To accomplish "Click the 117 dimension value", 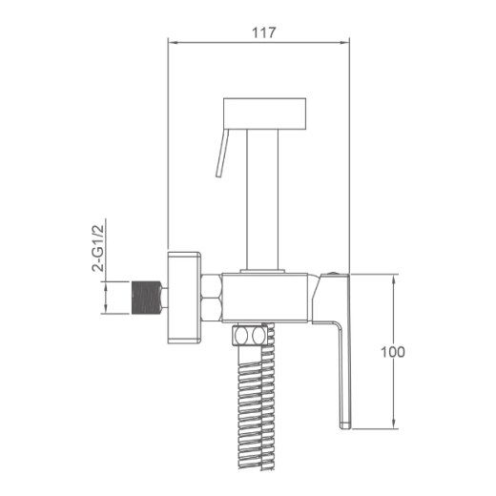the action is pyautogui.click(x=263, y=32).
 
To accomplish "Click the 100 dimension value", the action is pyautogui.click(x=393, y=352).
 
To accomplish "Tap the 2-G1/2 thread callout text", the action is pyautogui.click(x=98, y=248).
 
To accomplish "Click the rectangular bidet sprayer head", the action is pyautogui.click(x=265, y=114).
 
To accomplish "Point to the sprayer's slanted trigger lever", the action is pyautogui.click(x=222, y=154).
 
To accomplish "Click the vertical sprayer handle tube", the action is pyautogui.click(x=262, y=199).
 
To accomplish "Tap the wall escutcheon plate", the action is pyautogui.click(x=184, y=298).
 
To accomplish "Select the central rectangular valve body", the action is pyautogui.click(x=265, y=298).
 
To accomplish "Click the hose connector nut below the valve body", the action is pyautogui.click(x=249, y=335).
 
